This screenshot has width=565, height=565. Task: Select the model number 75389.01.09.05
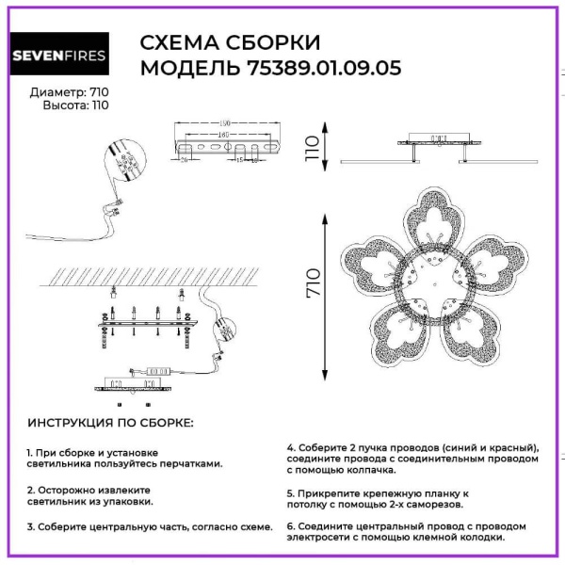[324, 68]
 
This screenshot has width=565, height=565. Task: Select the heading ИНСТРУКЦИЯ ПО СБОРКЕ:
[110, 423]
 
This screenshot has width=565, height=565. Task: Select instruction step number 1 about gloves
[126, 458]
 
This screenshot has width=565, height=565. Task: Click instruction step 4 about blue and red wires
[413, 458]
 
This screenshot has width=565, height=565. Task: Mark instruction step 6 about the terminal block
[407, 532]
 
